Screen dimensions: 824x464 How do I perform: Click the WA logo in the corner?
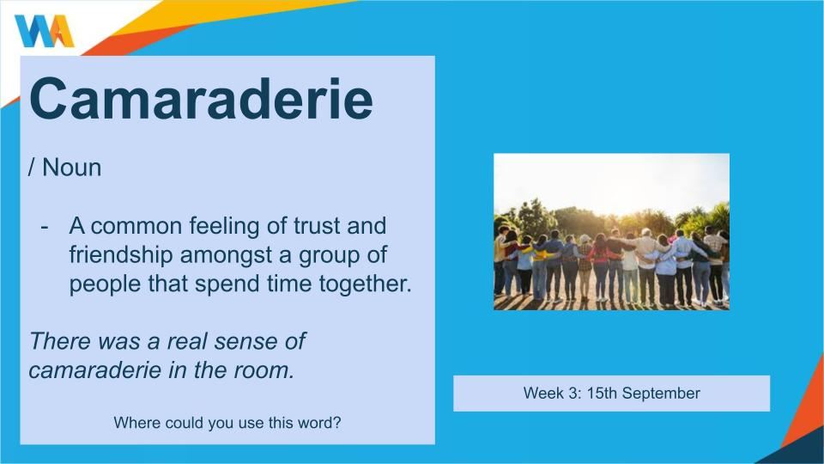(44, 31)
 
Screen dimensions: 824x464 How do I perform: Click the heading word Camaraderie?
(201, 99)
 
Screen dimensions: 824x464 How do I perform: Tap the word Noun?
(71, 168)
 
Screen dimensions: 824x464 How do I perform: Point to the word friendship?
(121, 255)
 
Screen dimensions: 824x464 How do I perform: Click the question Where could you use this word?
(227, 423)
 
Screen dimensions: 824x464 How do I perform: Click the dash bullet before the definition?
(45, 227)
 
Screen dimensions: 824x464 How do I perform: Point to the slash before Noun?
(32, 168)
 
